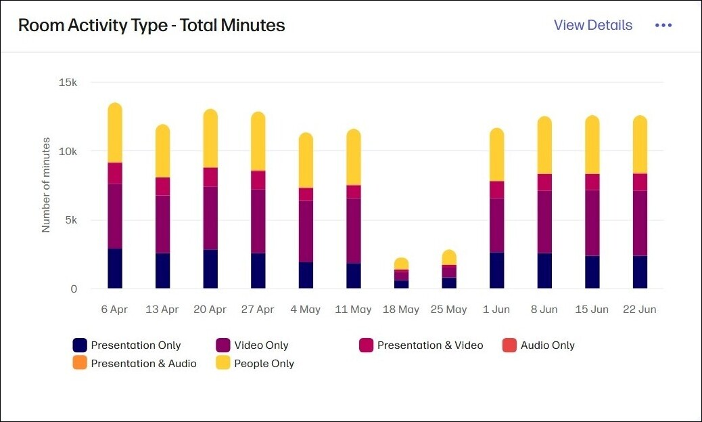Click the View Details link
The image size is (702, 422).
point(592,25)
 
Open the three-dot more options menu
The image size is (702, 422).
point(663,25)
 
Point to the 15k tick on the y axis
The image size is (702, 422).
point(68,83)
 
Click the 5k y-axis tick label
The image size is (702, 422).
point(70,220)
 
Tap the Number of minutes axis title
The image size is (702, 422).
point(46,184)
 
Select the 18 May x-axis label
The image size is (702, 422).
point(401,310)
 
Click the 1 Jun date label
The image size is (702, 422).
point(496,310)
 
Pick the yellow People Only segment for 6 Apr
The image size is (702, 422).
point(115,133)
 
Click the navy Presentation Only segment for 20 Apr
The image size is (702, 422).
point(210,269)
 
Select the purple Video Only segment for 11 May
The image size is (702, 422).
point(354,230)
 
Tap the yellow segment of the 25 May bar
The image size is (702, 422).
point(449,257)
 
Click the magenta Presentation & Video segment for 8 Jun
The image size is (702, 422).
point(544,182)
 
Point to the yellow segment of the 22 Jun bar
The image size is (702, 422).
point(640,144)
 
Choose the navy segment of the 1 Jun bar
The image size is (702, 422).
point(496,270)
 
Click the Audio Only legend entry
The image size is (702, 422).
point(538,345)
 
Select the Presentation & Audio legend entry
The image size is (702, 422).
point(135,364)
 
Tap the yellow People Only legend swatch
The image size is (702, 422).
point(223,364)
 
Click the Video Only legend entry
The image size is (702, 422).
point(252,345)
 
